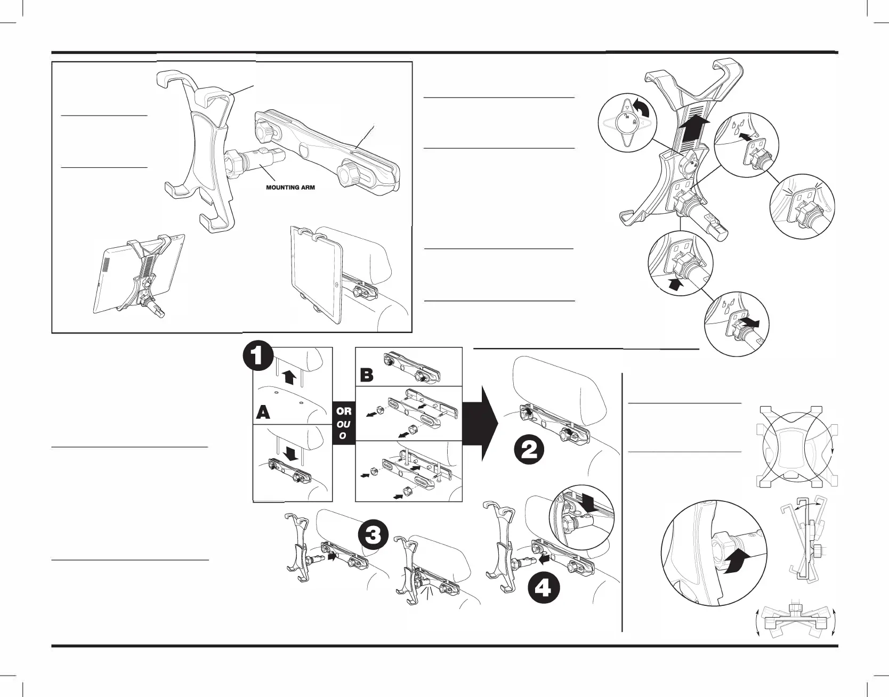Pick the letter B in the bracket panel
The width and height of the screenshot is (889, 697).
coord(367,375)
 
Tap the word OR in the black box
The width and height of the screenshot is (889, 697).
coord(344,411)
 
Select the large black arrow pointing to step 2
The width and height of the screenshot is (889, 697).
coord(480,424)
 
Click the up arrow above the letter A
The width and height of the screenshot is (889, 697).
coord(289,377)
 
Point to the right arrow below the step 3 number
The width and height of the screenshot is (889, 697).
coord(333,556)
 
